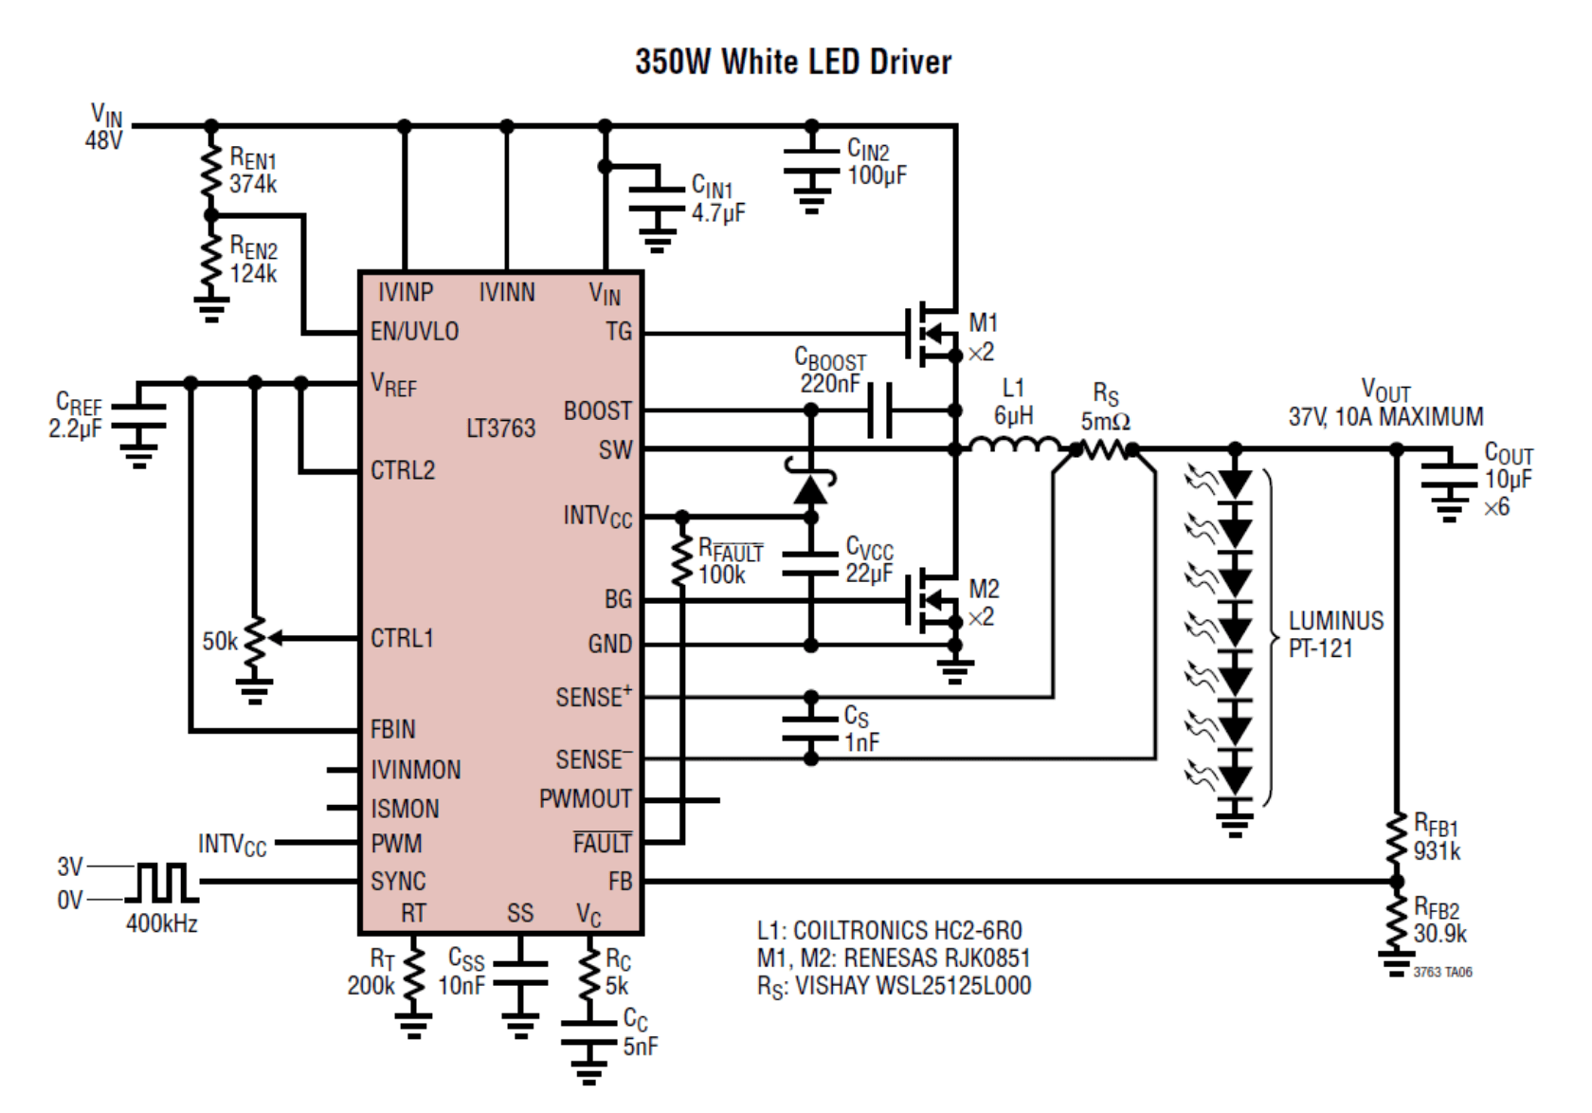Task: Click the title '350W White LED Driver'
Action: point(793,63)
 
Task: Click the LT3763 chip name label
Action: point(500,429)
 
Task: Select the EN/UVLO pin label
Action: point(414,332)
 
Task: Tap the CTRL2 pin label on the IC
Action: point(403,470)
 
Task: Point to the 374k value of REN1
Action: point(253,184)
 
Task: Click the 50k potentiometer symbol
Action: point(254,645)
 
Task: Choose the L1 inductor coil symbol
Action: point(1016,446)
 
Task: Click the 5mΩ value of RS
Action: point(1105,422)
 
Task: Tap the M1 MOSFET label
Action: point(984,324)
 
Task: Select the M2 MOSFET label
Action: point(984,590)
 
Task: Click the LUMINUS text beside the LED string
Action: point(1335,621)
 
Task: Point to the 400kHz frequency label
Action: point(162,923)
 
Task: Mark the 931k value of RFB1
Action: point(1437,850)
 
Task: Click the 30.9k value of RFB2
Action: point(1439,934)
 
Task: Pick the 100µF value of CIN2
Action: point(877,175)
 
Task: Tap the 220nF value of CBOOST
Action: point(830,384)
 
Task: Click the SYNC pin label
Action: point(398,882)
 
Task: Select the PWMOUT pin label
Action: point(585,800)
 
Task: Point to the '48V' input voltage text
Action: point(103,140)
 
